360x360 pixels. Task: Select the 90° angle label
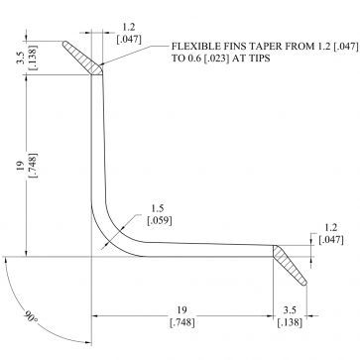pyautogui.click(x=31, y=317)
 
